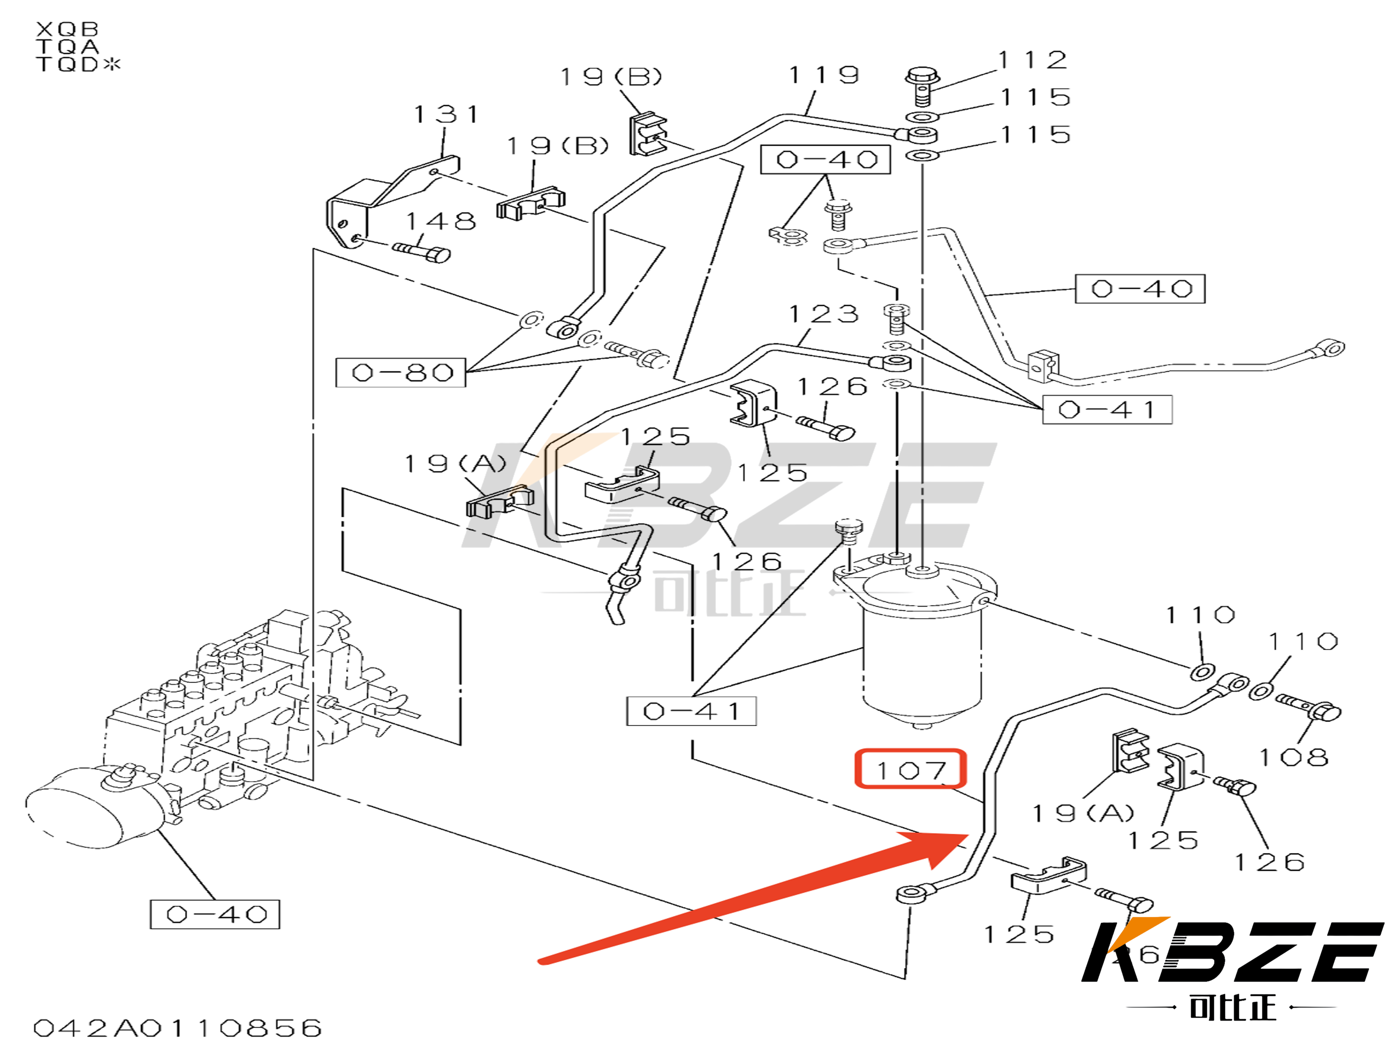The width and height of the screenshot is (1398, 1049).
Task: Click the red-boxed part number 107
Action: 910,769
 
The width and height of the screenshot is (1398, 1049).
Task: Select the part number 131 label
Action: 446,114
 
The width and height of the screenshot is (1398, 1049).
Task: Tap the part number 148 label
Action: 440,221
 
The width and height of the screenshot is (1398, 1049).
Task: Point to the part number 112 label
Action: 1033,60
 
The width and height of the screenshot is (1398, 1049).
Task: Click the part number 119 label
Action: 824,75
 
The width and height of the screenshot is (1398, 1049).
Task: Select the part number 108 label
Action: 1294,757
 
